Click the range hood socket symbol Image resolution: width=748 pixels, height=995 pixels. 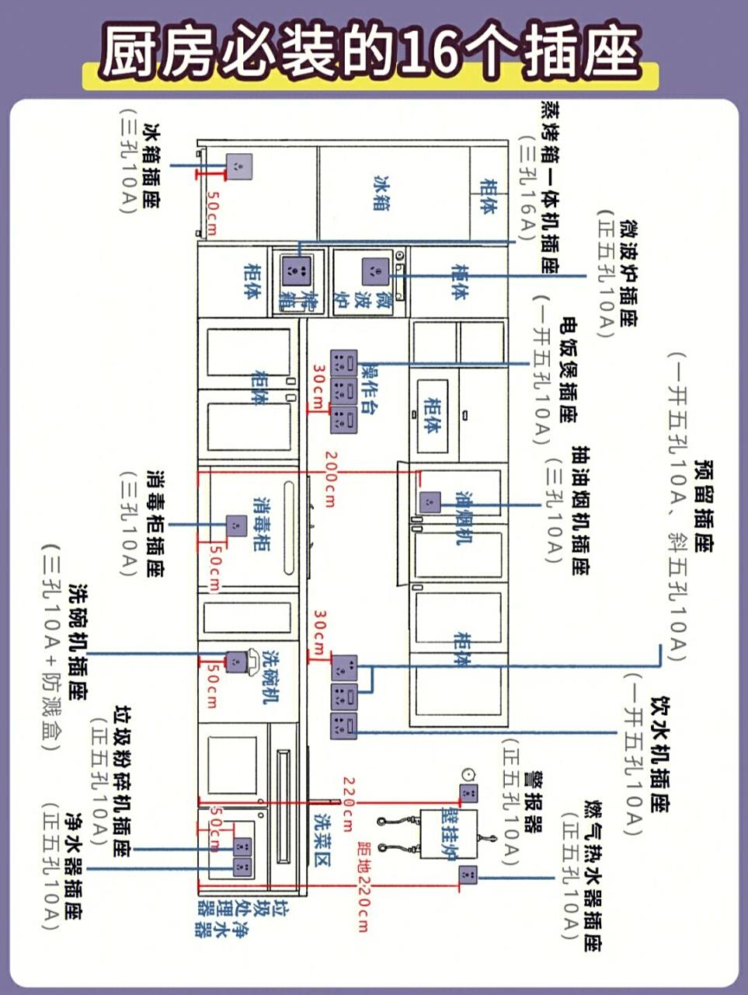[430, 502]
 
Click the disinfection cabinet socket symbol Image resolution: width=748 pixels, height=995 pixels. [236, 526]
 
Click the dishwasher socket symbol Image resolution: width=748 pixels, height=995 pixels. [235, 662]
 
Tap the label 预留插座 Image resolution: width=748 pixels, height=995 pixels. [704, 506]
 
